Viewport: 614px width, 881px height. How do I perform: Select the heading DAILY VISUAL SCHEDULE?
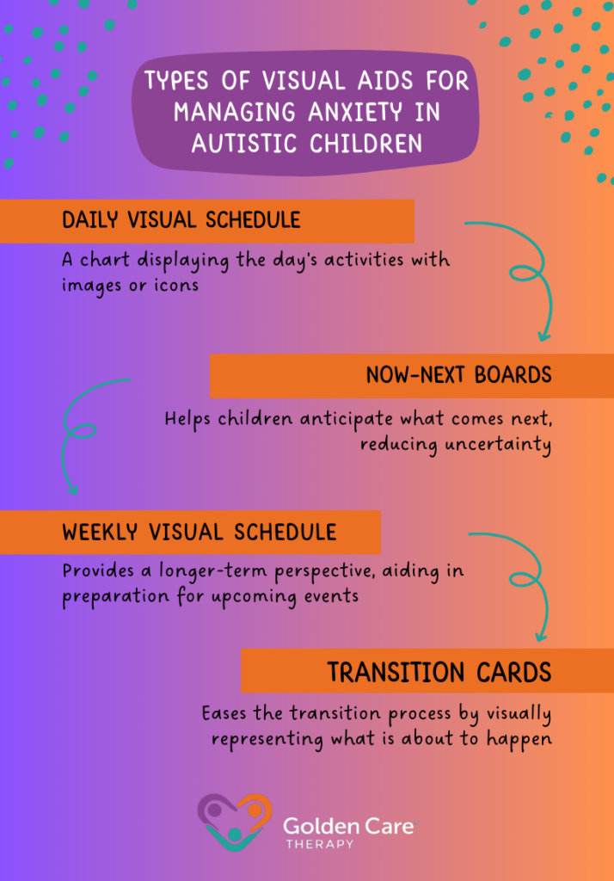tap(181, 220)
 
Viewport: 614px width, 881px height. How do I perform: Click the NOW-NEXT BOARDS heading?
tap(458, 375)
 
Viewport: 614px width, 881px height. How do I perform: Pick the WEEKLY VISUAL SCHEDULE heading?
tap(199, 532)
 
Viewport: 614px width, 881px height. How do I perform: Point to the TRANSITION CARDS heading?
tap(439, 672)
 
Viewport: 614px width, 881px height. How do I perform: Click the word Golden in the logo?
tap(315, 827)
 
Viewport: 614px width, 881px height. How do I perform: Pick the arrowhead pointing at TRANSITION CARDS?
tap(540, 637)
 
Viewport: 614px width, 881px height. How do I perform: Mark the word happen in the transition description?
tap(521, 739)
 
